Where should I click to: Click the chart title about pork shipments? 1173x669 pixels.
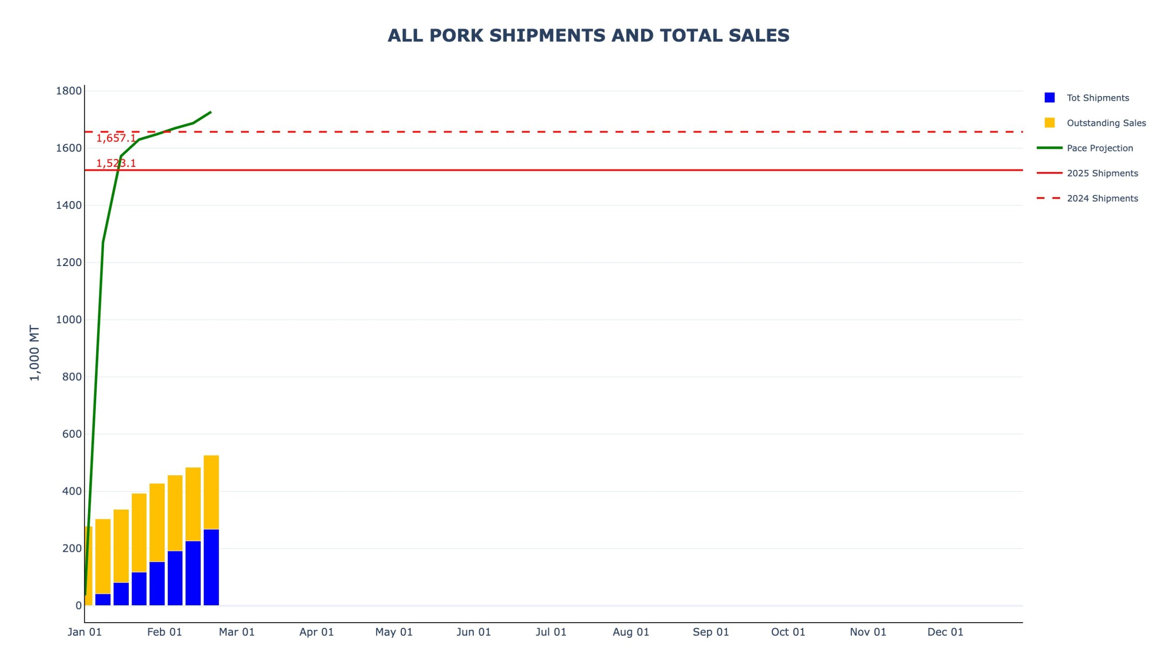coord(588,36)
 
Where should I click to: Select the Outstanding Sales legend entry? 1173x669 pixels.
coord(1106,123)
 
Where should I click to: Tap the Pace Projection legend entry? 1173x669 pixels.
coord(1099,148)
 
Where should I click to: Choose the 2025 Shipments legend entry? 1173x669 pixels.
coord(1102,173)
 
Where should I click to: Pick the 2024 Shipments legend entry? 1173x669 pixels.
coord(1102,198)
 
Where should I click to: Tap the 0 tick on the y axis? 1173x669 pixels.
coord(79,606)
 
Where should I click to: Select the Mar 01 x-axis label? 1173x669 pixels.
coord(236,632)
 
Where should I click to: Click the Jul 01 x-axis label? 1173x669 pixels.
coord(551,632)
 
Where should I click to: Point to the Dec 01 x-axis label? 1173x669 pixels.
coord(944,632)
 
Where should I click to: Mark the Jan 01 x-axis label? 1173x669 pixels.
coord(85,632)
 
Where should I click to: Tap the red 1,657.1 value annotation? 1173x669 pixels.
coord(116,138)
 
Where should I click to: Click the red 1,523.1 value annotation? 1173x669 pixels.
coord(116,163)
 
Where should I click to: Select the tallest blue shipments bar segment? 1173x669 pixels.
coord(211,567)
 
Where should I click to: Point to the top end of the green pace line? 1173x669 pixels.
coord(210,112)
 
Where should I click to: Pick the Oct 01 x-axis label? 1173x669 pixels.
coord(788,632)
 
